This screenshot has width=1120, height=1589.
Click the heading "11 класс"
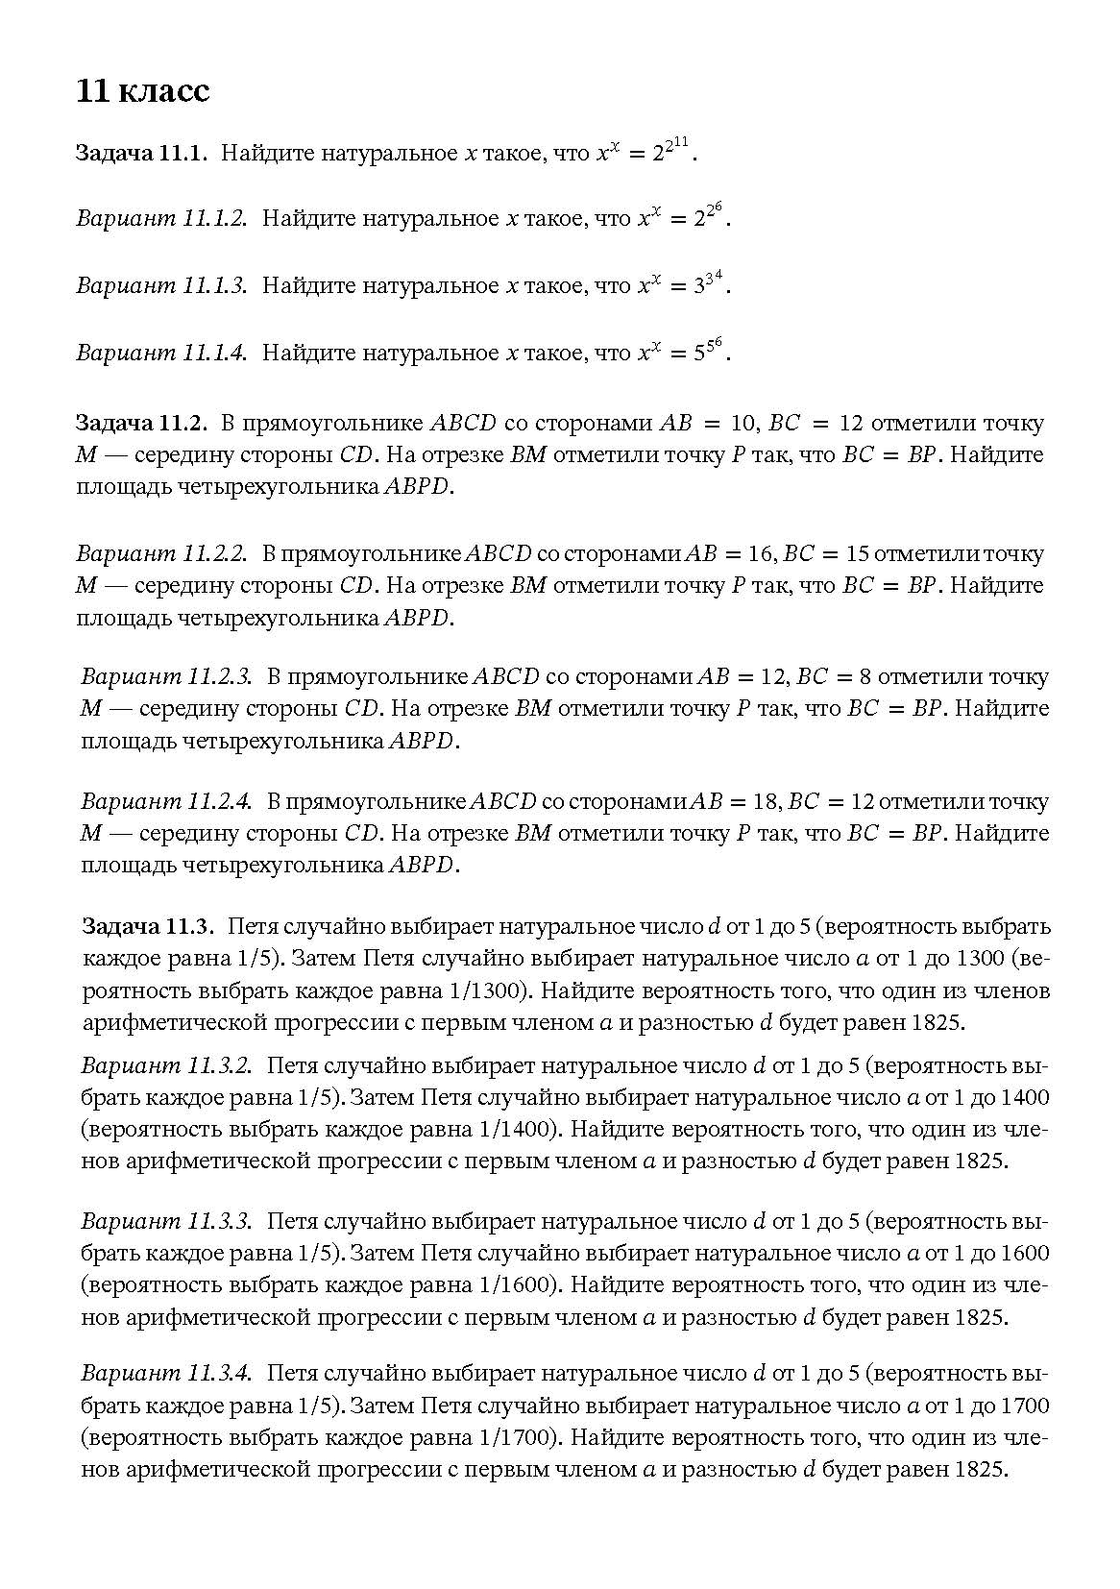coord(142,91)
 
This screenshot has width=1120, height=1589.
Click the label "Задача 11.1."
coord(141,154)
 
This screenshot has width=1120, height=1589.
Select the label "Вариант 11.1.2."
coord(161,219)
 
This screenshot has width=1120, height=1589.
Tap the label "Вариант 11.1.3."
coord(161,286)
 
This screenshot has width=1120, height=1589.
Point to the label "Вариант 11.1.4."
coord(161,354)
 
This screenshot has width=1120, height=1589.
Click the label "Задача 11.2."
coord(141,424)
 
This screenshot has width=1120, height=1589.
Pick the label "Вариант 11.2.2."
coord(161,554)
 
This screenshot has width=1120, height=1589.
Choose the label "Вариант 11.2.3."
coord(166,677)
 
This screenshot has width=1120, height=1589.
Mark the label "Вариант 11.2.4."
coord(166,802)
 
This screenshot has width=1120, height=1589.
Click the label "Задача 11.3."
coord(146,927)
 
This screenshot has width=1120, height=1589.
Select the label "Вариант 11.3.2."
coord(166,1066)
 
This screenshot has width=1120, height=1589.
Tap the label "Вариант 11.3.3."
coord(166,1222)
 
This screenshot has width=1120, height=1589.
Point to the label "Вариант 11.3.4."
coord(166,1375)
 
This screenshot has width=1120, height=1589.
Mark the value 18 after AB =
coord(765,802)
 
